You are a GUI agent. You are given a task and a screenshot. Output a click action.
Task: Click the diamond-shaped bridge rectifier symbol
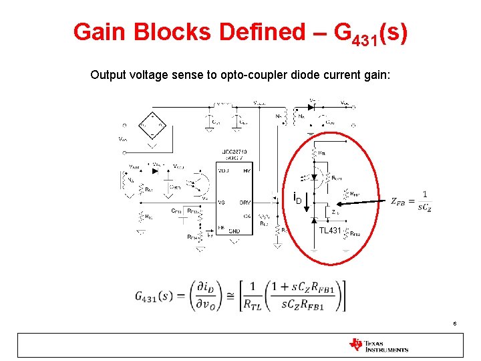[152, 124]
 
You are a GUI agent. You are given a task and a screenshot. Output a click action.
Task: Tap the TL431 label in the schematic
[329, 230]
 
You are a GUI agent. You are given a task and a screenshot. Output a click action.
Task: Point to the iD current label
[298, 199]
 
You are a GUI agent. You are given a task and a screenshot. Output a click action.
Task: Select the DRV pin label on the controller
[245, 201]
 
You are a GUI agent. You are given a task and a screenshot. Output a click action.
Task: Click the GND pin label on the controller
[234, 231]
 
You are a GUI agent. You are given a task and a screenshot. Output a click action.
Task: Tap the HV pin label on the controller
[247, 171]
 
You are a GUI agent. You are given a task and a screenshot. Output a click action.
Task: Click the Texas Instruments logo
[378, 345]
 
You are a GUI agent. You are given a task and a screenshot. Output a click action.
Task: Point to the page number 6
[454, 324]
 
